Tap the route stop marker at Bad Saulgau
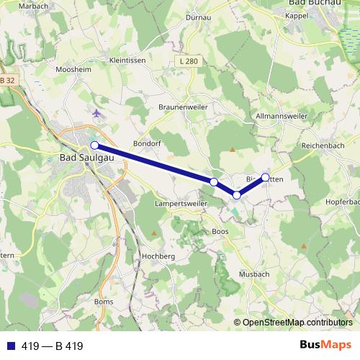pos(94,145)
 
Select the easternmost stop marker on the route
pos(265,177)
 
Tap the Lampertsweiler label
pos(180,204)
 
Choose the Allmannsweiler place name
pos(282,116)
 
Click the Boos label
pos(220,231)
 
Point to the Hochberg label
pos(159,256)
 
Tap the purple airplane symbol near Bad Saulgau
pos(97,114)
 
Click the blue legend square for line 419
pos(12,346)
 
